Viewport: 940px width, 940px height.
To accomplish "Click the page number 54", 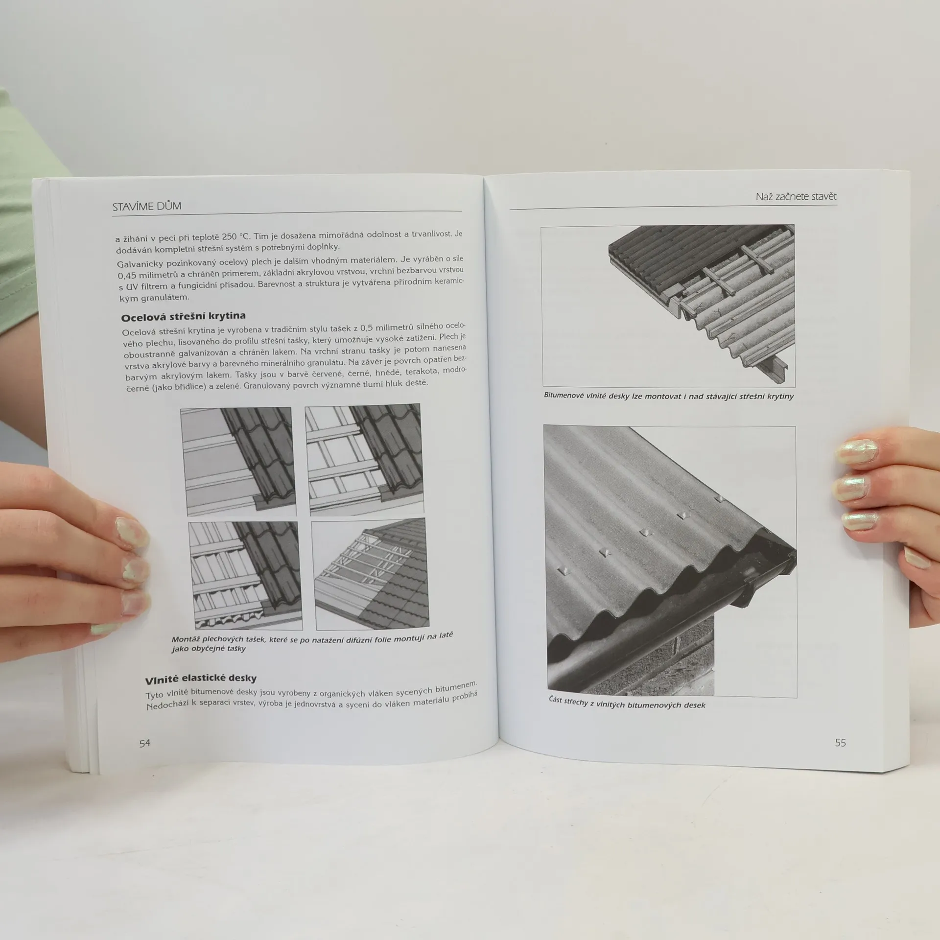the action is [x=145, y=743].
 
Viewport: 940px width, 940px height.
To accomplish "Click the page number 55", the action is [x=840, y=743].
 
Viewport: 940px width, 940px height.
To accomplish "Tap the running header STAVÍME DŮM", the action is [x=147, y=206].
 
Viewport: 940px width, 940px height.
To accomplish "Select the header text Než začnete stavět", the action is [x=796, y=196].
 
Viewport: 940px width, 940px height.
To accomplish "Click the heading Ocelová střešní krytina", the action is [x=183, y=317].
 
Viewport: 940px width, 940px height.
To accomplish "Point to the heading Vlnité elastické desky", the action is [x=201, y=679].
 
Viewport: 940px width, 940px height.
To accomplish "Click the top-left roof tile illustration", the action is [x=238, y=462].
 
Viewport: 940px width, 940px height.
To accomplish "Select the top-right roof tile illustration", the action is [x=364, y=459].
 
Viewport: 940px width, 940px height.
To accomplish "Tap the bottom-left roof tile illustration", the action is [x=245, y=576].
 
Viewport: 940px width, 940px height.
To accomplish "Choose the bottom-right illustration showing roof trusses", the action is [x=370, y=574].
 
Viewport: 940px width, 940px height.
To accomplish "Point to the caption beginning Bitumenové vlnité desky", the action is [x=669, y=396].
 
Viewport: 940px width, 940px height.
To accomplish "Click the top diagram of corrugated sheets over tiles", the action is [x=668, y=305].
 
